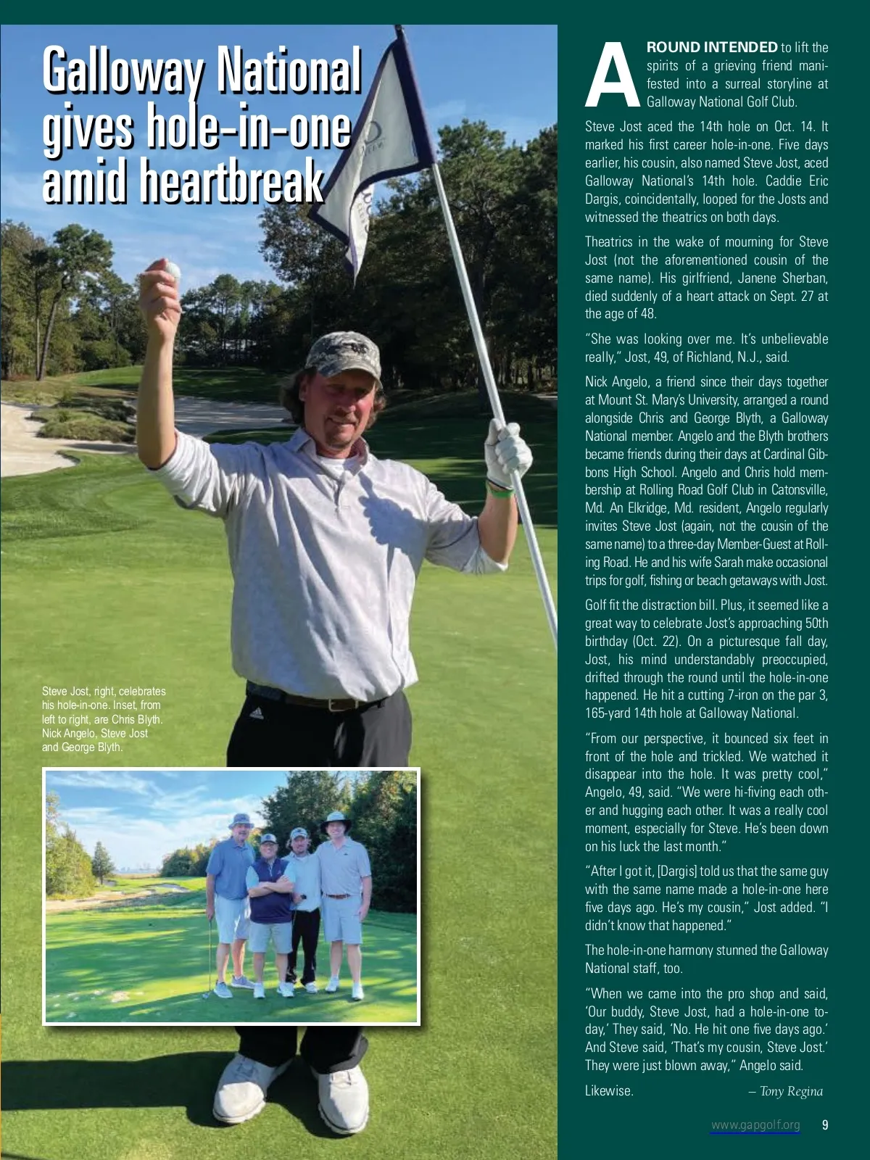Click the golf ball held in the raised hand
172,271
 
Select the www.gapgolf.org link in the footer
755,1125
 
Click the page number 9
825,1125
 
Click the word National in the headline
289,71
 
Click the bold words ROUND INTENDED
712,48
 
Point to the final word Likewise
609,1090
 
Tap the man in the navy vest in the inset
269,913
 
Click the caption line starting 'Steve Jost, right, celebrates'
104,692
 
